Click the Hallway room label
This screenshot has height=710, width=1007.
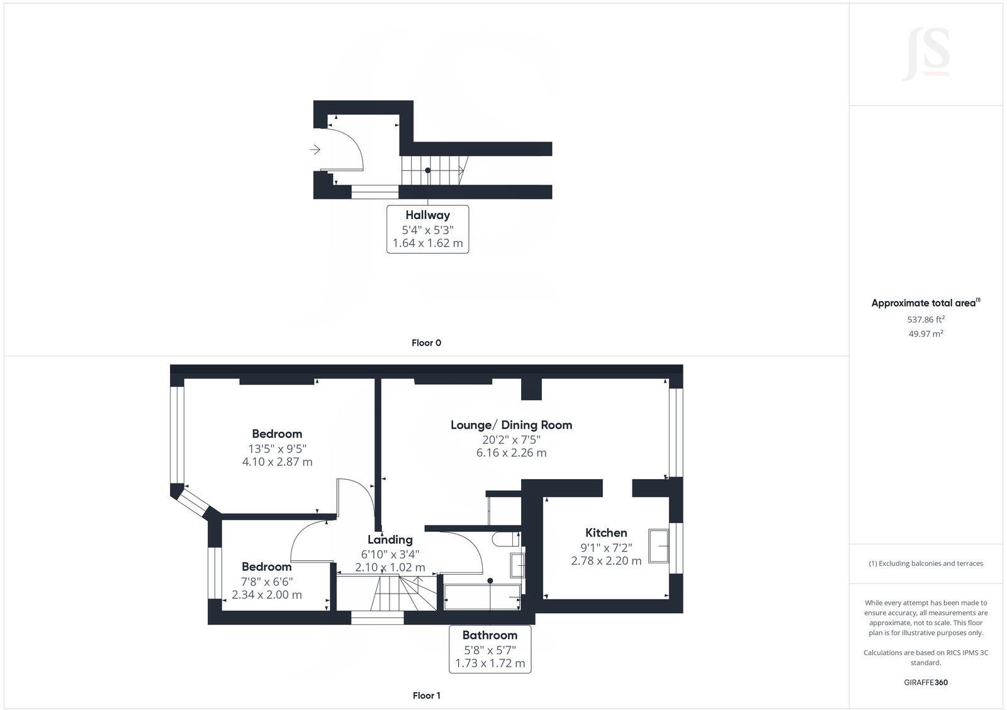427,215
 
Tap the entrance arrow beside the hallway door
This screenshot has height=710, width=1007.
315,150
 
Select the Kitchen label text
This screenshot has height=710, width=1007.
606,532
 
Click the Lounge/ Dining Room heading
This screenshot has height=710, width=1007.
511,425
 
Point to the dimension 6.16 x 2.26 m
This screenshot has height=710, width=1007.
511,453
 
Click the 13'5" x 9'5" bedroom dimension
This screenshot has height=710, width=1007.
277,449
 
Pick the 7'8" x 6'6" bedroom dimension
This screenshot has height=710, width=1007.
267,582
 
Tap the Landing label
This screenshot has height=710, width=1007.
390,539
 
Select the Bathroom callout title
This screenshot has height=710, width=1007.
490,635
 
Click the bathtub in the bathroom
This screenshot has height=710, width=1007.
482,597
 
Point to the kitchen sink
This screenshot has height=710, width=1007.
660,545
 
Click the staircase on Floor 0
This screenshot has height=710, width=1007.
433,171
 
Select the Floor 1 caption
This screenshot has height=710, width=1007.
427,696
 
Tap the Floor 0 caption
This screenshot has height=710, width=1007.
426,343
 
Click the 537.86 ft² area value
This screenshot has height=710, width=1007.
926,319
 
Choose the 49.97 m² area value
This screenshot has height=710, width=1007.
926,334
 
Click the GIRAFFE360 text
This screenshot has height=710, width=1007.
926,682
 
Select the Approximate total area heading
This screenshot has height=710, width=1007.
924,303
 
